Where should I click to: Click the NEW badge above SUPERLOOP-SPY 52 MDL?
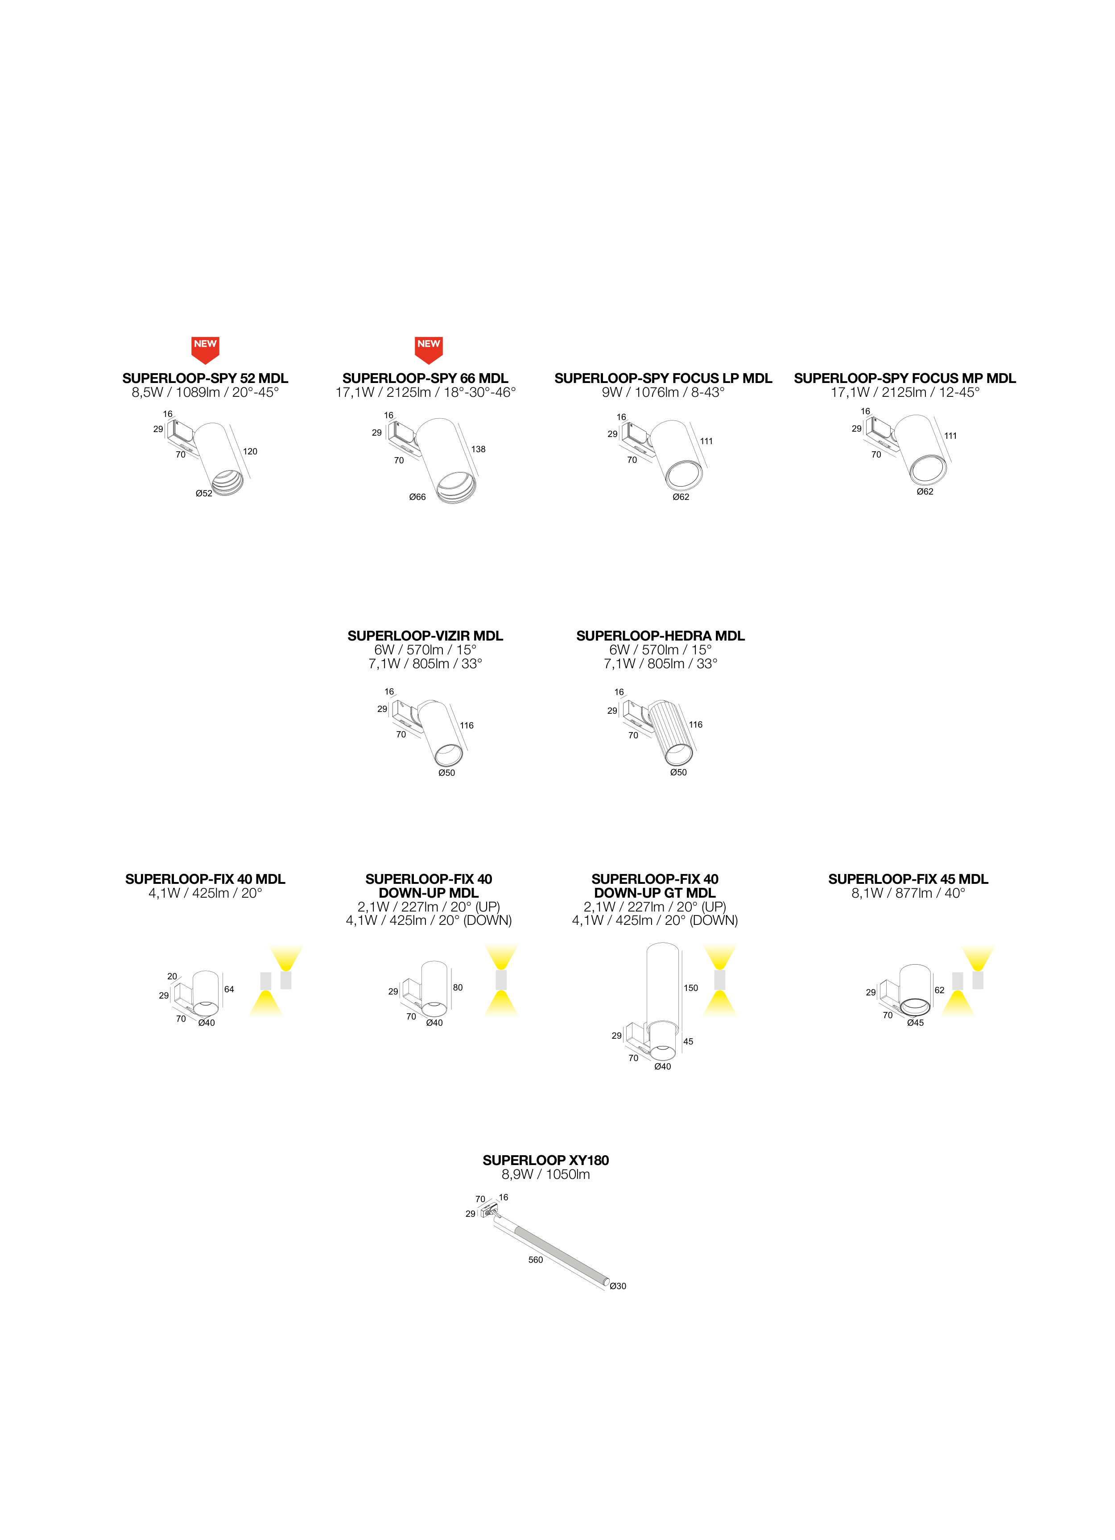pos(205,349)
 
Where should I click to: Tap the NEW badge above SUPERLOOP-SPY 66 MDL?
pos(428,349)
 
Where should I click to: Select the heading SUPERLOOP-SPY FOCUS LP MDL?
pos(663,378)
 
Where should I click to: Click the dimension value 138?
pos(479,449)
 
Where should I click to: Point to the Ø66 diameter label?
pos(417,497)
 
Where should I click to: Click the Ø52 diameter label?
pos(203,493)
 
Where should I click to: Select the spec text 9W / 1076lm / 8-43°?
pos(663,392)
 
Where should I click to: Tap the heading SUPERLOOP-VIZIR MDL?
pos(425,636)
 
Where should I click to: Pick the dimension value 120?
pos(250,451)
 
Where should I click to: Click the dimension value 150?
pos(691,988)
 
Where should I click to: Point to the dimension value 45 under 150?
pos(688,1041)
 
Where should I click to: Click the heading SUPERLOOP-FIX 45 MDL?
pos(908,878)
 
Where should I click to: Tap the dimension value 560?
pos(536,1260)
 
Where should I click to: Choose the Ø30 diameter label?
pos(618,1286)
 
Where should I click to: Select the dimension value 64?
pos(229,989)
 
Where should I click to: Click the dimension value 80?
pos(458,987)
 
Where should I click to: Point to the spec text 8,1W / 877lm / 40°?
pos(908,893)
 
